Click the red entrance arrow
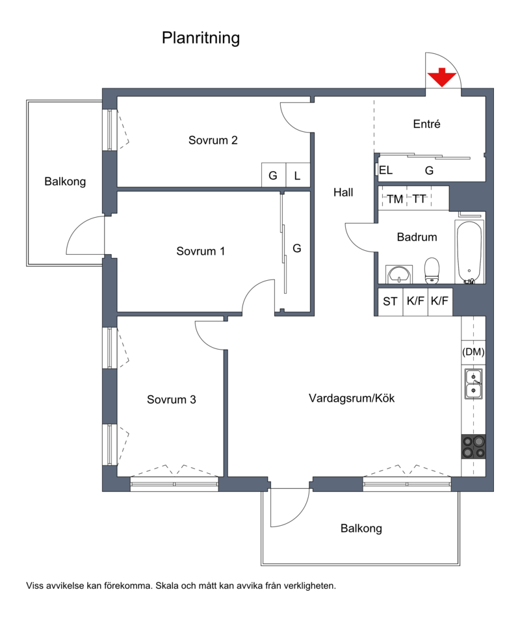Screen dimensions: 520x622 (441, 78)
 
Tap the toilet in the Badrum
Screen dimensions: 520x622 (432, 271)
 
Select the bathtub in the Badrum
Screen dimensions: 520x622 (469, 252)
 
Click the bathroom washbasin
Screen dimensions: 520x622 (399, 274)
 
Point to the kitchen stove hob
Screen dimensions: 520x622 (474, 447)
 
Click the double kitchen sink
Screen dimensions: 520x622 (474, 384)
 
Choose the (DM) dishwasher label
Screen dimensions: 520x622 (473, 352)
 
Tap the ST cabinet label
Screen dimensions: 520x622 (390, 302)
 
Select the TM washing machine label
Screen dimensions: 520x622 (395, 199)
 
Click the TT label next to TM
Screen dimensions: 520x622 (419, 199)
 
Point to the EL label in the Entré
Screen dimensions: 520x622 (385, 170)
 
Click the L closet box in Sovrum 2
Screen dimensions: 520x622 (298, 175)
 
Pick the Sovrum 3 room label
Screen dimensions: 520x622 (172, 400)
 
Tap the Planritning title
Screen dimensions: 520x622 (201, 38)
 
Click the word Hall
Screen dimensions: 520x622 (343, 192)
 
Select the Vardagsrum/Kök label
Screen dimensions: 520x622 (352, 398)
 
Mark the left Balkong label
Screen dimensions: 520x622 (65, 182)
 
